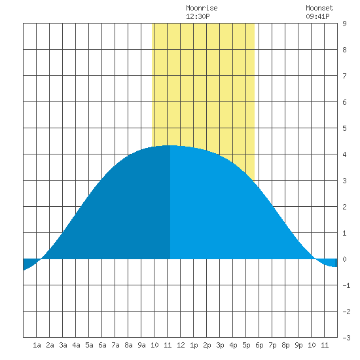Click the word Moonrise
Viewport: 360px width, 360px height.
tap(202, 8)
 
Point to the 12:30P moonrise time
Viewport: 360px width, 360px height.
tap(198, 16)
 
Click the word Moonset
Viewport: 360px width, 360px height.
tap(319, 8)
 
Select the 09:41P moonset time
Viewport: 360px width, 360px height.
tap(317, 16)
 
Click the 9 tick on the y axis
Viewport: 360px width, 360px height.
tap(344, 24)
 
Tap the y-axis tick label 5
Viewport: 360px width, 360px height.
tap(344, 128)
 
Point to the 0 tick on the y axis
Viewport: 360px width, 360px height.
tap(344, 259)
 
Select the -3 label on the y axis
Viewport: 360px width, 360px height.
tap(346, 338)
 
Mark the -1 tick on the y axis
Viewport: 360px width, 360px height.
tap(346, 285)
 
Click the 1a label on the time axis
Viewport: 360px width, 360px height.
tap(37, 345)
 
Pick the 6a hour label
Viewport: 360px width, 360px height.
tap(102, 345)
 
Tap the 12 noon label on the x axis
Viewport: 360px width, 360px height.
tap(181, 345)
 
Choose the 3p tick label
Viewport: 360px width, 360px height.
tap(220, 345)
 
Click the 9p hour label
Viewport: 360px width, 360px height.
tap(298, 345)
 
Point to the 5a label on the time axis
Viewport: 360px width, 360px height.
tap(89, 345)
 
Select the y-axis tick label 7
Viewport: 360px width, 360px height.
tap(344, 76)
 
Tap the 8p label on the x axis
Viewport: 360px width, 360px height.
tap(285, 345)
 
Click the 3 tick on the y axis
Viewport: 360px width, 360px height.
tap(344, 181)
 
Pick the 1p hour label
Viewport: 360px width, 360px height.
tap(194, 345)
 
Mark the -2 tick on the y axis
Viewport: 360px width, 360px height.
tap(346, 312)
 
